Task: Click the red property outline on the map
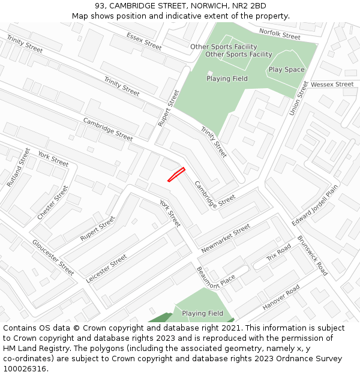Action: [176, 174]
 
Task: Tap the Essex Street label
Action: [144, 41]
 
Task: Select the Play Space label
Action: [286, 70]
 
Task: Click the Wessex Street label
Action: [332, 85]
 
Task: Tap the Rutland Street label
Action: [18, 167]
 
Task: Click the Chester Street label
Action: [53, 202]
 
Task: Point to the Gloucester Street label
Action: [53, 257]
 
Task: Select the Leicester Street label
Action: [106, 268]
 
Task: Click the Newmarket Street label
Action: [226, 238]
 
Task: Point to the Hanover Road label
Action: [281, 298]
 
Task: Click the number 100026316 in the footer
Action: [25, 368]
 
